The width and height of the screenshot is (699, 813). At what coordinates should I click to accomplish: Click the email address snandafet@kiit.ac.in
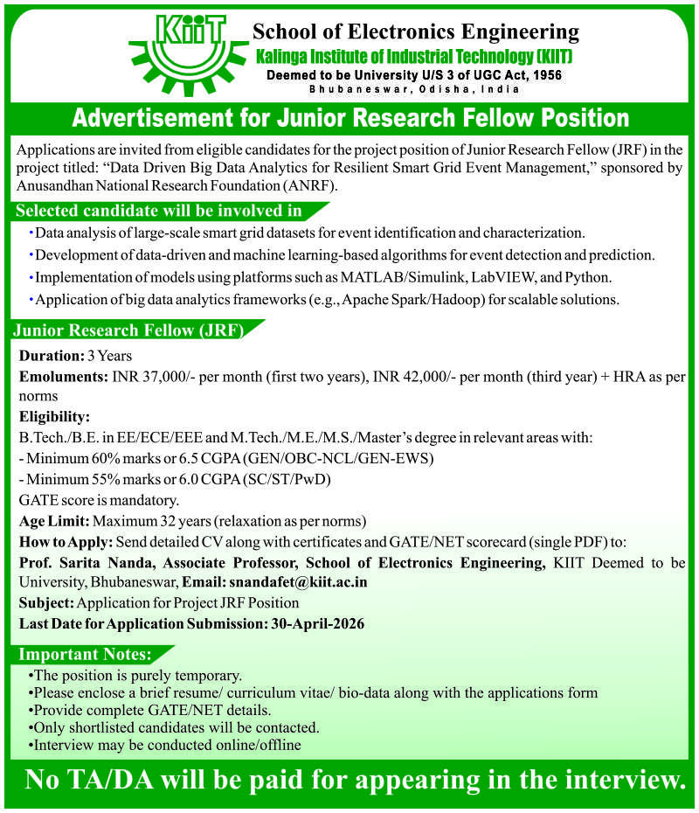click(x=298, y=581)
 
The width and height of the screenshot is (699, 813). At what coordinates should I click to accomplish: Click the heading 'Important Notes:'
click(x=86, y=655)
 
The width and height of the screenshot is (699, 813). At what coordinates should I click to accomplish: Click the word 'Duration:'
click(x=50, y=356)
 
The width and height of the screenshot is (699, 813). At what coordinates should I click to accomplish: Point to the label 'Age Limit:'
click(x=53, y=521)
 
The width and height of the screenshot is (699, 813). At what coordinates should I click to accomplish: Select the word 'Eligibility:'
click(x=54, y=416)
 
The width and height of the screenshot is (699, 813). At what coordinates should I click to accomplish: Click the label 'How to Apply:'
click(x=65, y=541)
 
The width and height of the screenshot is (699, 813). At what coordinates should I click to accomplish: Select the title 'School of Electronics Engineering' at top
click(x=416, y=32)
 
